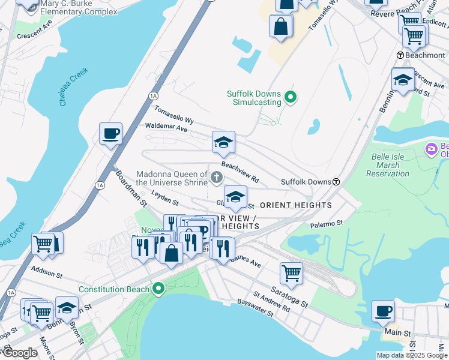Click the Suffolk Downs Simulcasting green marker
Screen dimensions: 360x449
click(x=291, y=97)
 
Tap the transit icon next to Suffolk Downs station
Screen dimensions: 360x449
click(x=337, y=182)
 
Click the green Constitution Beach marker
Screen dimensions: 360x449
click(x=158, y=289)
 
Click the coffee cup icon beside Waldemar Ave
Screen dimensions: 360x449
click(x=111, y=134)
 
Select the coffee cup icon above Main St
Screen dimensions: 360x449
click(x=383, y=311)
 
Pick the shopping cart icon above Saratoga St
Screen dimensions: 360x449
click(x=291, y=273)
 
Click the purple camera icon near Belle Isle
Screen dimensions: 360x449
click(x=431, y=148)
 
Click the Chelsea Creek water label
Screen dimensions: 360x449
click(x=74, y=87)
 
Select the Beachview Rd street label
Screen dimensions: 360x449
click(x=240, y=171)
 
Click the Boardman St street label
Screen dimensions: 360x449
click(x=131, y=187)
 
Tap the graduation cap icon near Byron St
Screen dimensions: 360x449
click(x=67, y=307)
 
